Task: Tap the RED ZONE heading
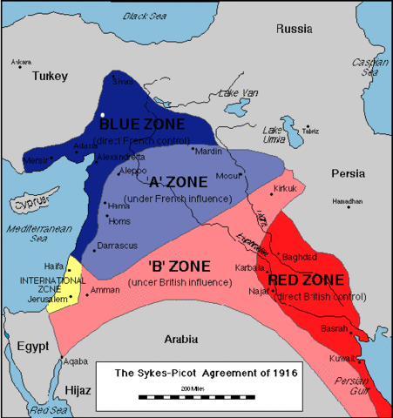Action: point(306,280)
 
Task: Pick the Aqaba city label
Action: point(77,360)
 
